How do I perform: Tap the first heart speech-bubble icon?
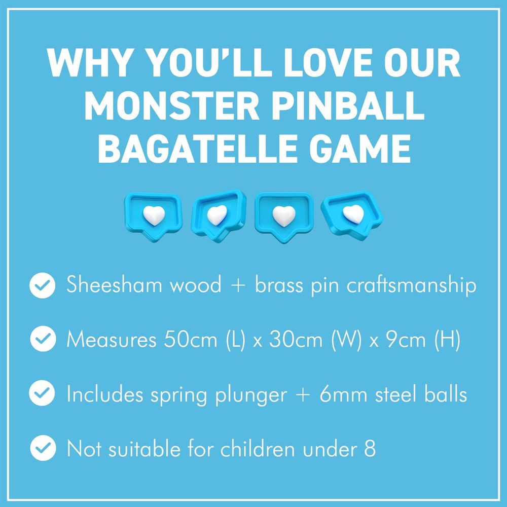[153, 215]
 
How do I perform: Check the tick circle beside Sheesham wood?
[43, 286]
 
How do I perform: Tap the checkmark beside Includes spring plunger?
[43, 394]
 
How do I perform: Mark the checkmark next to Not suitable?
[43, 448]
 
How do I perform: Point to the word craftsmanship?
[411, 286]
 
